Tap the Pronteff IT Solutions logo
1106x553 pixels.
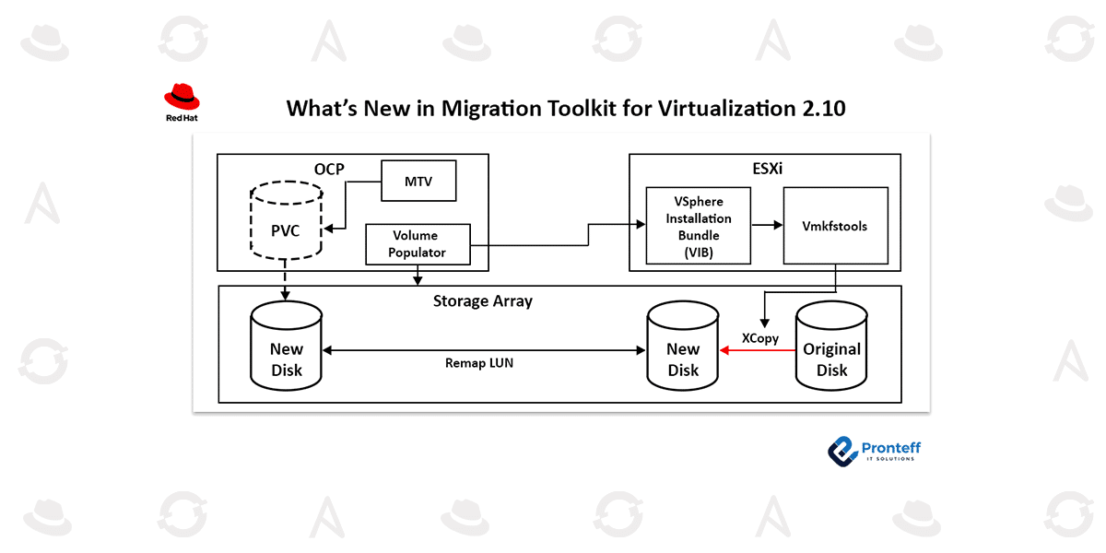874,450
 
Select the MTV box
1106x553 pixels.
418,180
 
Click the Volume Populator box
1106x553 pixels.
418,244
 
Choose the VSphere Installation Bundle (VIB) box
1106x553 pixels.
699,225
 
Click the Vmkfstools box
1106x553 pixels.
835,226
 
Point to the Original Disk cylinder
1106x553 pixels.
831,350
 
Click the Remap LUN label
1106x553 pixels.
478,363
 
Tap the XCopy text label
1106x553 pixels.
760,338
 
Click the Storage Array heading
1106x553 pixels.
482,300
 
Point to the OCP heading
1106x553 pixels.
330,170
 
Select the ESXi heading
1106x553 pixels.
764,170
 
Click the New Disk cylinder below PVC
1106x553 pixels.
286,350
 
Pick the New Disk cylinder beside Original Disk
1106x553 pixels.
683,350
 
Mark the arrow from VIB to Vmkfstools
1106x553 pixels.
766,224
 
